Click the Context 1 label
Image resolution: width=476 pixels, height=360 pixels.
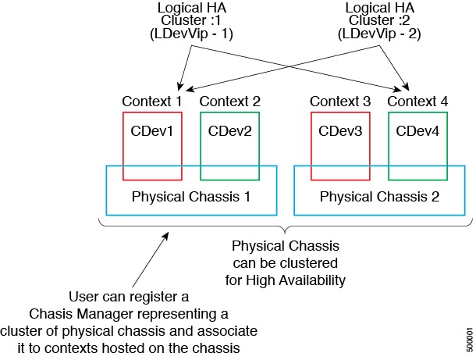click(151, 102)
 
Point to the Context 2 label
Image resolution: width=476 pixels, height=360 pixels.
click(229, 102)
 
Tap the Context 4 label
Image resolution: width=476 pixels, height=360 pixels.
click(417, 102)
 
